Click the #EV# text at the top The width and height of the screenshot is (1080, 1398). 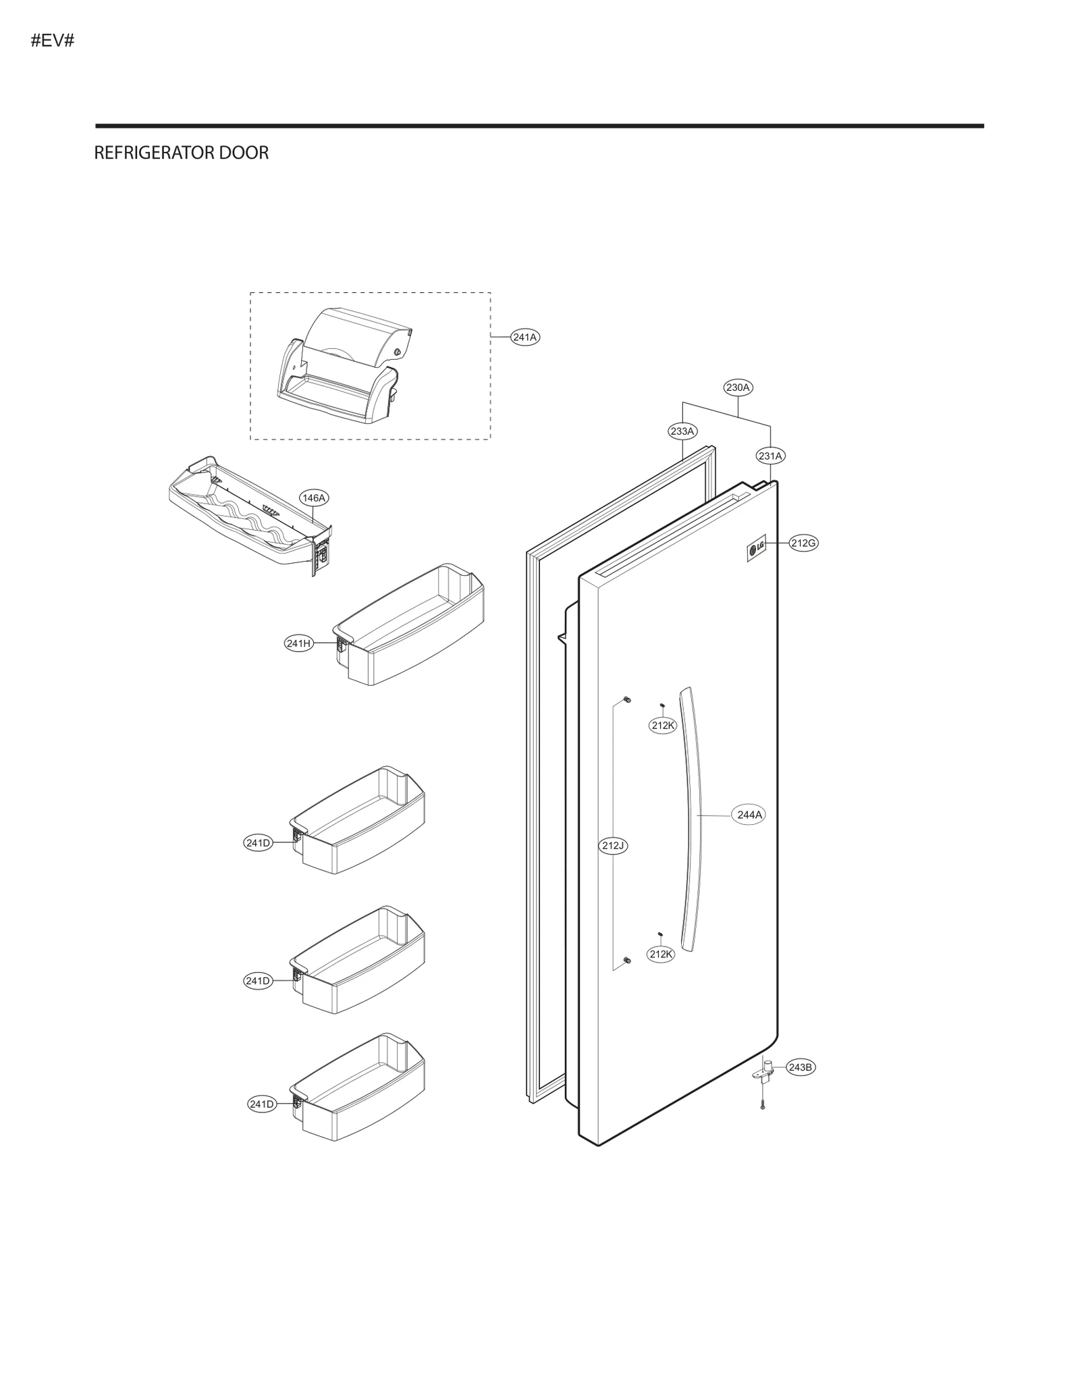click(x=52, y=41)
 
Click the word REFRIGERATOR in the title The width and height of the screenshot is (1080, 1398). click(x=144, y=153)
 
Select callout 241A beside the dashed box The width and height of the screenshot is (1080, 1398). click(x=524, y=337)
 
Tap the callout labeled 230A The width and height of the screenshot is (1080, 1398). click(x=737, y=387)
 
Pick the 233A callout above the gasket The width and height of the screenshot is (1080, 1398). click(x=682, y=431)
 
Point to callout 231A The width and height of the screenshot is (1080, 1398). click(x=770, y=456)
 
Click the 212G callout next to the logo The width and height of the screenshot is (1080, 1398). click(x=803, y=543)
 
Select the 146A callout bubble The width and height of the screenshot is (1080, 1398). click(x=314, y=498)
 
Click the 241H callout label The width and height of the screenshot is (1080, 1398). click(x=298, y=643)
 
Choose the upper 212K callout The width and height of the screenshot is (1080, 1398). click(x=663, y=725)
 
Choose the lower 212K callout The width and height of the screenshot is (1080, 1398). click(x=660, y=954)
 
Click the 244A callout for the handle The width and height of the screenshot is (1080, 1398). click(x=749, y=815)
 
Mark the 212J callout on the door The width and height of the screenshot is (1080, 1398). click(x=614, y=845)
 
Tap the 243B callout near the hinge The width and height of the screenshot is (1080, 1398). click(x=801, y=1067)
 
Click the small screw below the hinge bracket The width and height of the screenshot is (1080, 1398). click(x=762, y=1106)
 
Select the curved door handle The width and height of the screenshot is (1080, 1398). click(x=691, y=817)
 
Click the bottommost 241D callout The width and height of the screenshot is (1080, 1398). click(x=261, y=1104)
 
